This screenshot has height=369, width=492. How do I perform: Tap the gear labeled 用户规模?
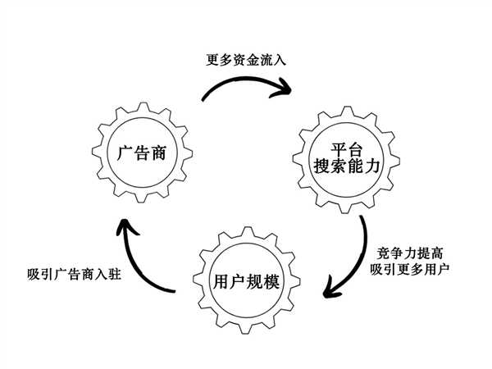click(x=245, y=281)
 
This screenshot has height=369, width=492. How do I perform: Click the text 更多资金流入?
click(x=245, y=60)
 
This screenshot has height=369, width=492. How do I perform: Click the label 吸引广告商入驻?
click(x=75, y=272)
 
